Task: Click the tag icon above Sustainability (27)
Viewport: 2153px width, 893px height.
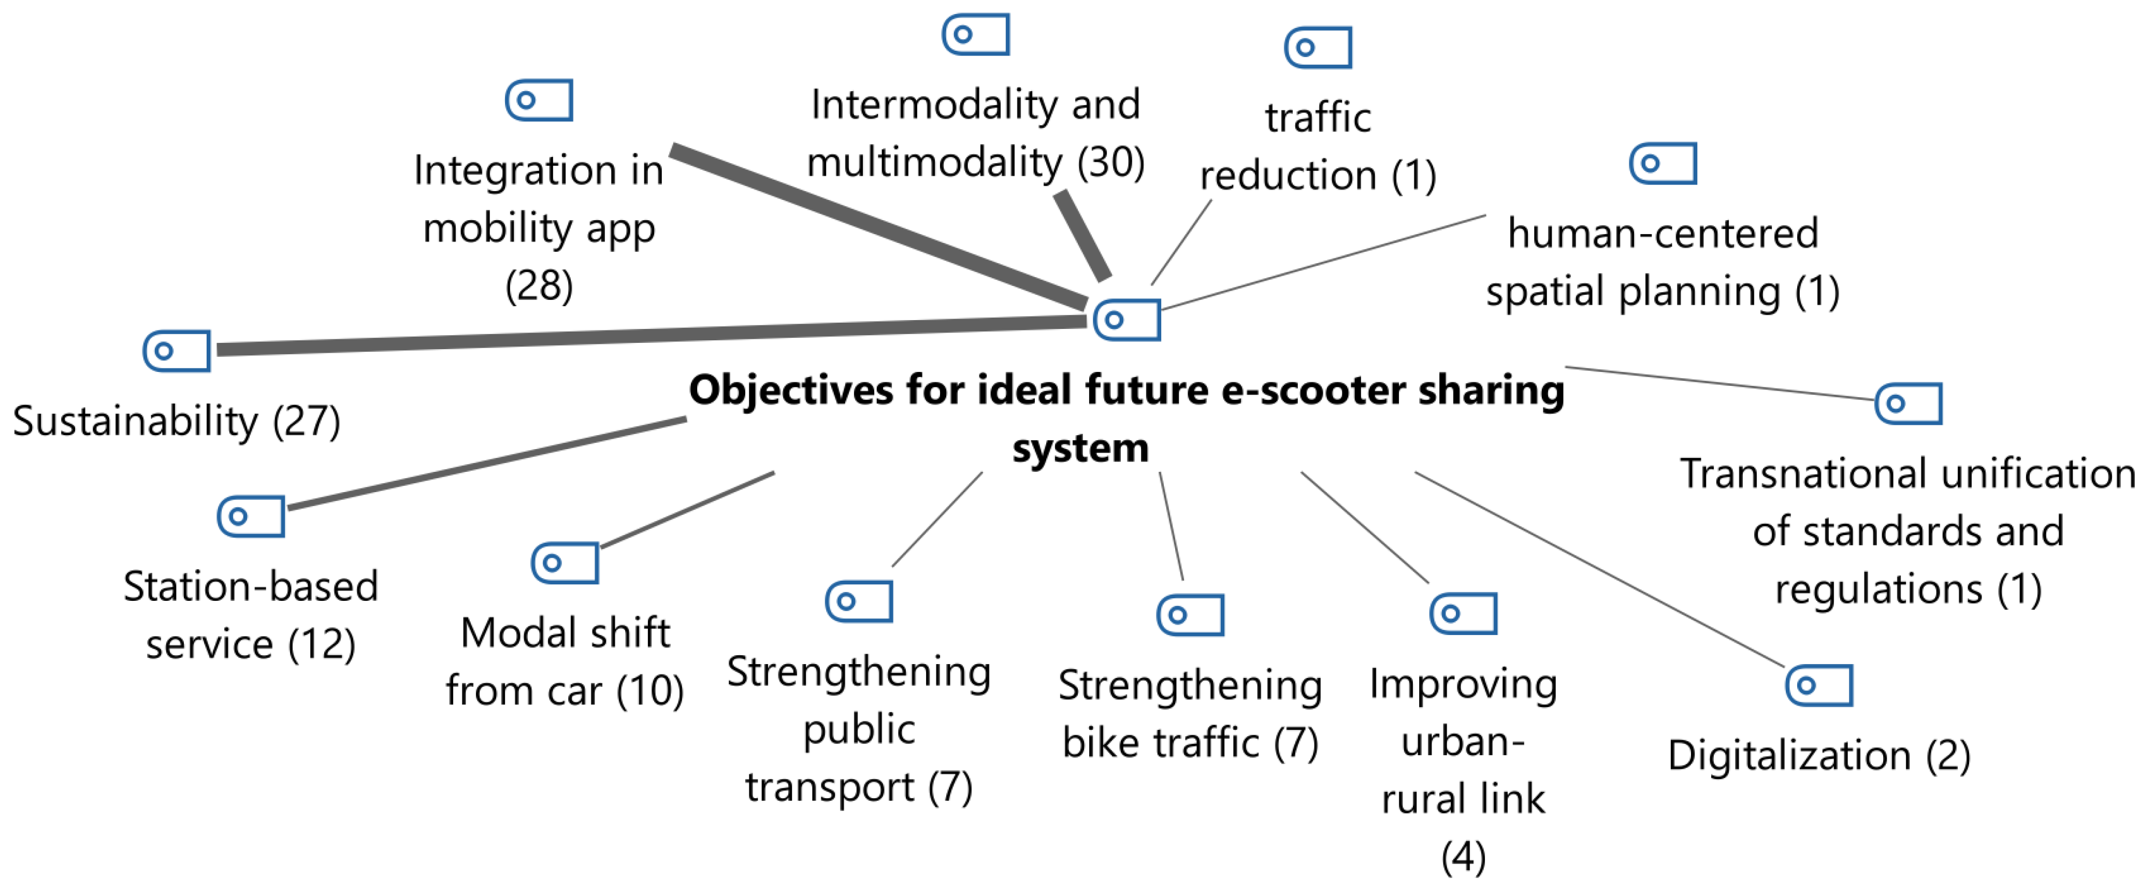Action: click(176, 350)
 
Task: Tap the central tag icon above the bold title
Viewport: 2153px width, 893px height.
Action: click(1126, 320)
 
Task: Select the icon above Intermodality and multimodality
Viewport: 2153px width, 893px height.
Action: click(975, 34)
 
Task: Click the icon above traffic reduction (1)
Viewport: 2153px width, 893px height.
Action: click(1318, 47)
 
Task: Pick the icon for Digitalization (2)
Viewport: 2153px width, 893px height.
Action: click(1819, 686)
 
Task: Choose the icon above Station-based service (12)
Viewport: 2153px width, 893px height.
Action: click(251, 516)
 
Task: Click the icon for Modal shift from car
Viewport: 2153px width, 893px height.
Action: click(565, 563)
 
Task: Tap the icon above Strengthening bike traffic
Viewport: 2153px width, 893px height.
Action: click(1190, 615)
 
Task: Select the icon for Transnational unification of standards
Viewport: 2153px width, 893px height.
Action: click(1908, 404)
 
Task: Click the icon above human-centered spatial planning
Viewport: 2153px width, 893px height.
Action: click(1663, 163)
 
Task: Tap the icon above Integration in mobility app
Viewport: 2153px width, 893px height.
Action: click(539, 100)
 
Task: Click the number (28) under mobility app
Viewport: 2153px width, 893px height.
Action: click(539, 286)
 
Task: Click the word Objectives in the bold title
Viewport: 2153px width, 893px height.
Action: click(791, 391)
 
